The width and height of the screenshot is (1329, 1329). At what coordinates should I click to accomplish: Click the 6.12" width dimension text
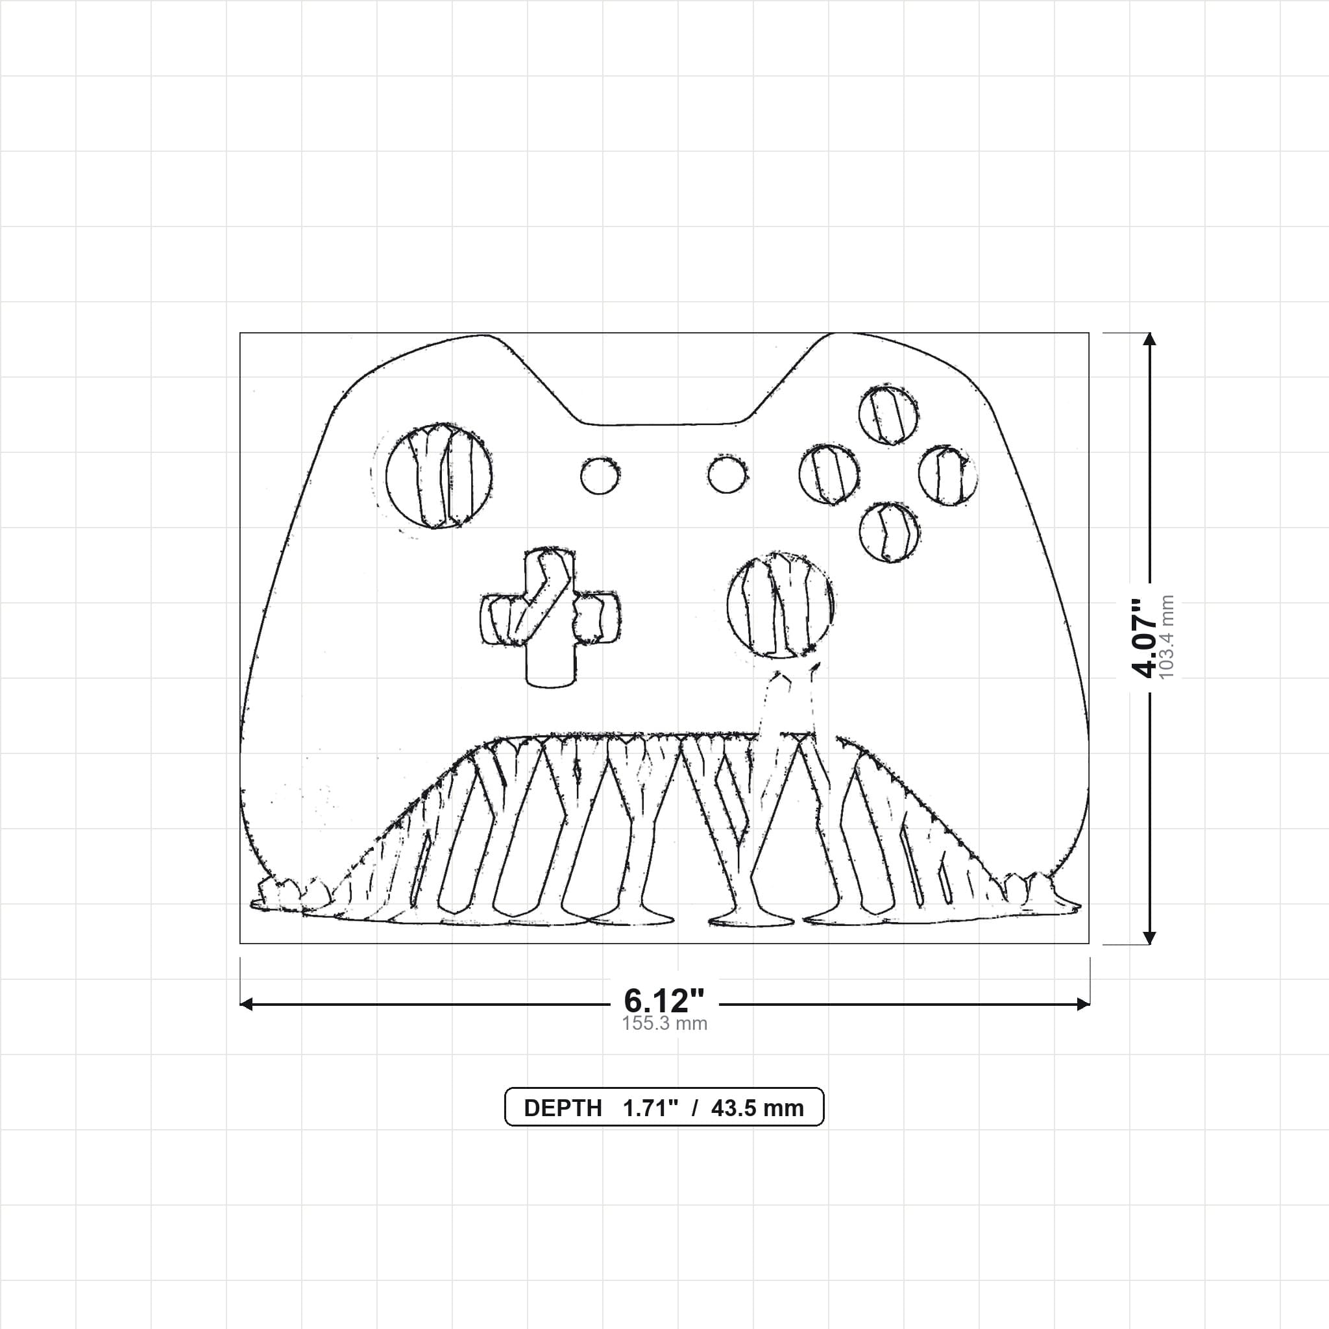pos(664,1000)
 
